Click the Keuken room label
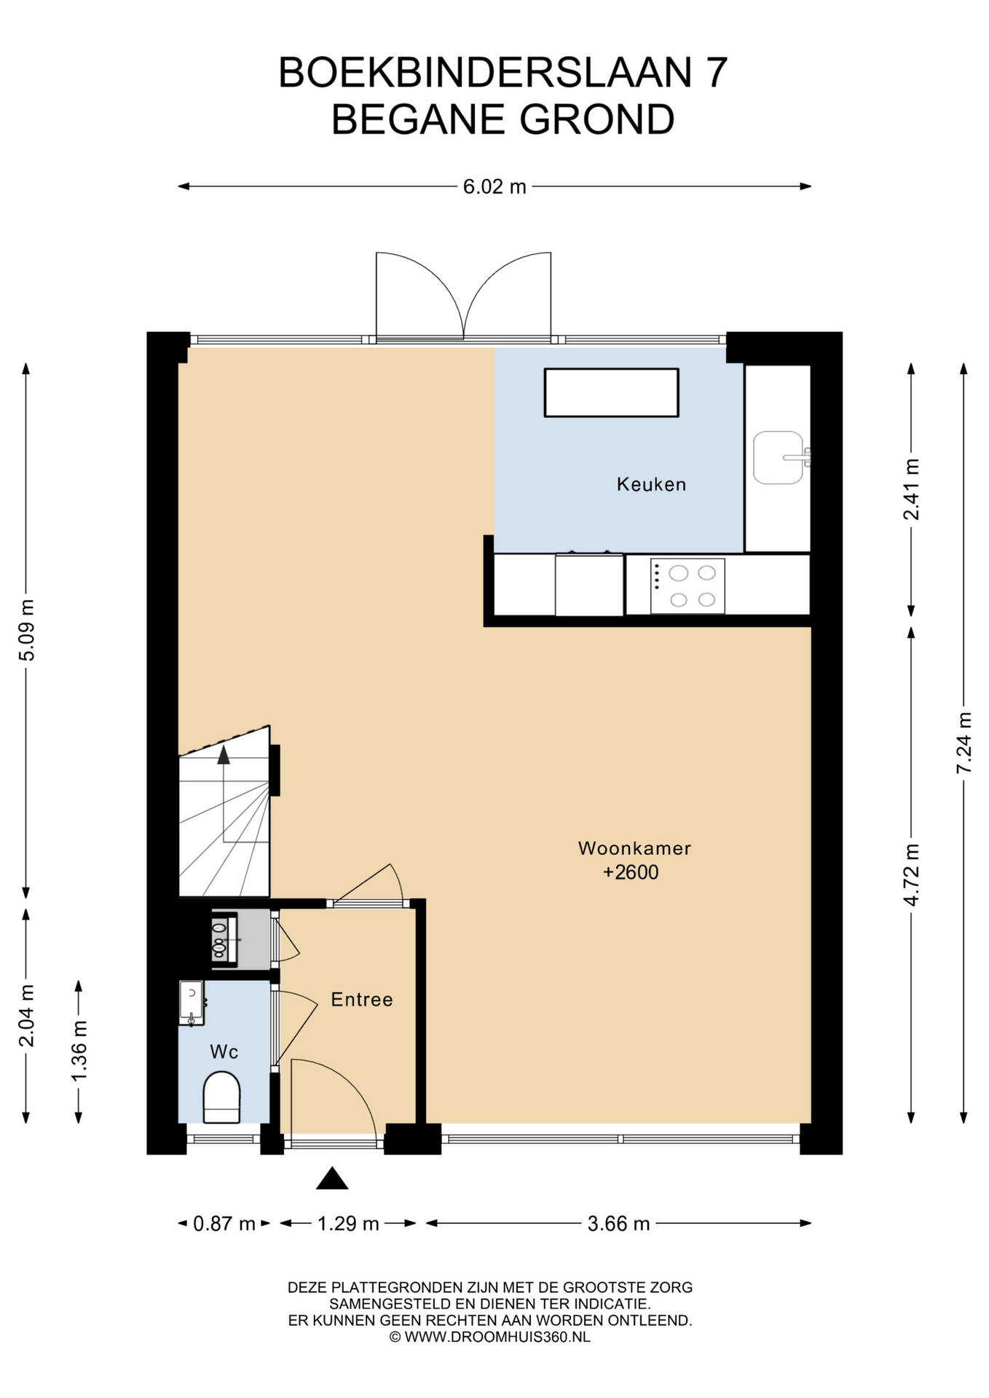click(x=651, y=484)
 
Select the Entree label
click(x=362, y=1000)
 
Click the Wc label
click(x=224, y=1052)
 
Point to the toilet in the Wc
click(x=221, y=1097)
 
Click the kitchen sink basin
click(x=779, y=458)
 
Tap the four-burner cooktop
click(x=687, y=586)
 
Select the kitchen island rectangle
click(x=612, y=392)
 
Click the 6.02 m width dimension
click(x=494, y=186)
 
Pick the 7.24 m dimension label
click(x=964, y=743)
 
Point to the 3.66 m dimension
click(x=618, y=1224)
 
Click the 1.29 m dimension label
click(x=348, y=1224)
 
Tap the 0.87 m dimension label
click(x=224, y=1224)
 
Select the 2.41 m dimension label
click(x=911, y=489)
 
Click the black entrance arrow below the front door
click(x=332, y=1178)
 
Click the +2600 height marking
click(x=631, y=872)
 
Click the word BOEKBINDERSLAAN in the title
click(x=485, y=73)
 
